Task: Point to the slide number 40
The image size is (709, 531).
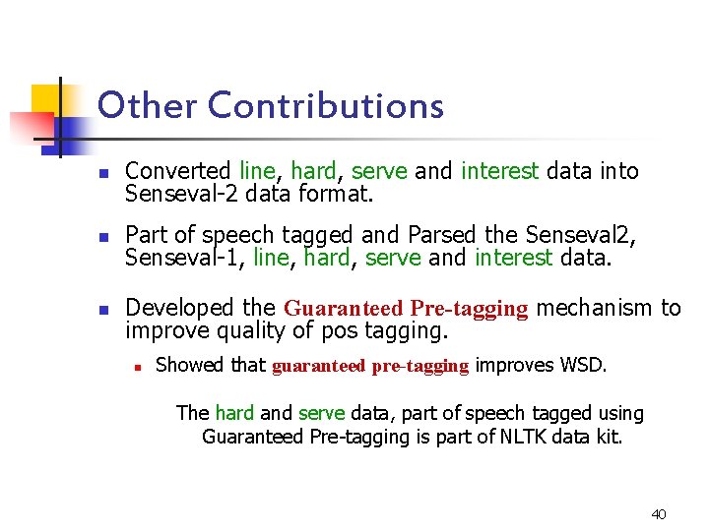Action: (659, 514)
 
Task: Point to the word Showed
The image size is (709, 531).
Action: (190, 366)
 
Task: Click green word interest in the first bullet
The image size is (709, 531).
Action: (499, 171)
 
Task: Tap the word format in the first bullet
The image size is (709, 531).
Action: (335, 194)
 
